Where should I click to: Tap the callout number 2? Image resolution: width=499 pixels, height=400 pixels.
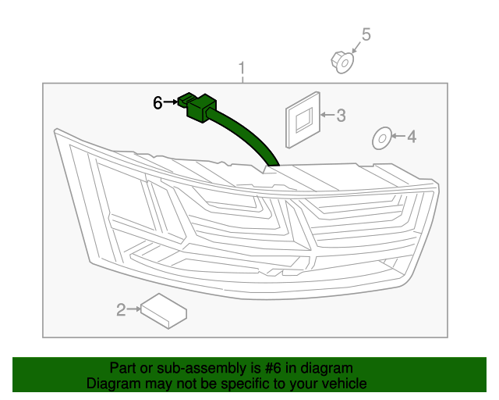pos(121,311)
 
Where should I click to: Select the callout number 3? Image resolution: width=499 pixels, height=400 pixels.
pos(341,116)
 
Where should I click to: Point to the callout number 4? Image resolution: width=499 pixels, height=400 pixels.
pos(412,137)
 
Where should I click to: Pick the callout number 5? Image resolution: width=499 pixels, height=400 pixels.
pos(366,34)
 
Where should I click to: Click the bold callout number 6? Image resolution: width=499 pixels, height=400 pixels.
pos(157,102)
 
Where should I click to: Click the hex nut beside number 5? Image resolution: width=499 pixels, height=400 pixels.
pos(342,60)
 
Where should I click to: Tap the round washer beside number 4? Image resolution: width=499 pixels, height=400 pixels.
pos(381,137)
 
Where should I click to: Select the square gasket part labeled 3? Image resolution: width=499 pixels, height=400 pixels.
pos(303,119)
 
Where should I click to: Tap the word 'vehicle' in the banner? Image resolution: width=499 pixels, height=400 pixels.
pos(344,384)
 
